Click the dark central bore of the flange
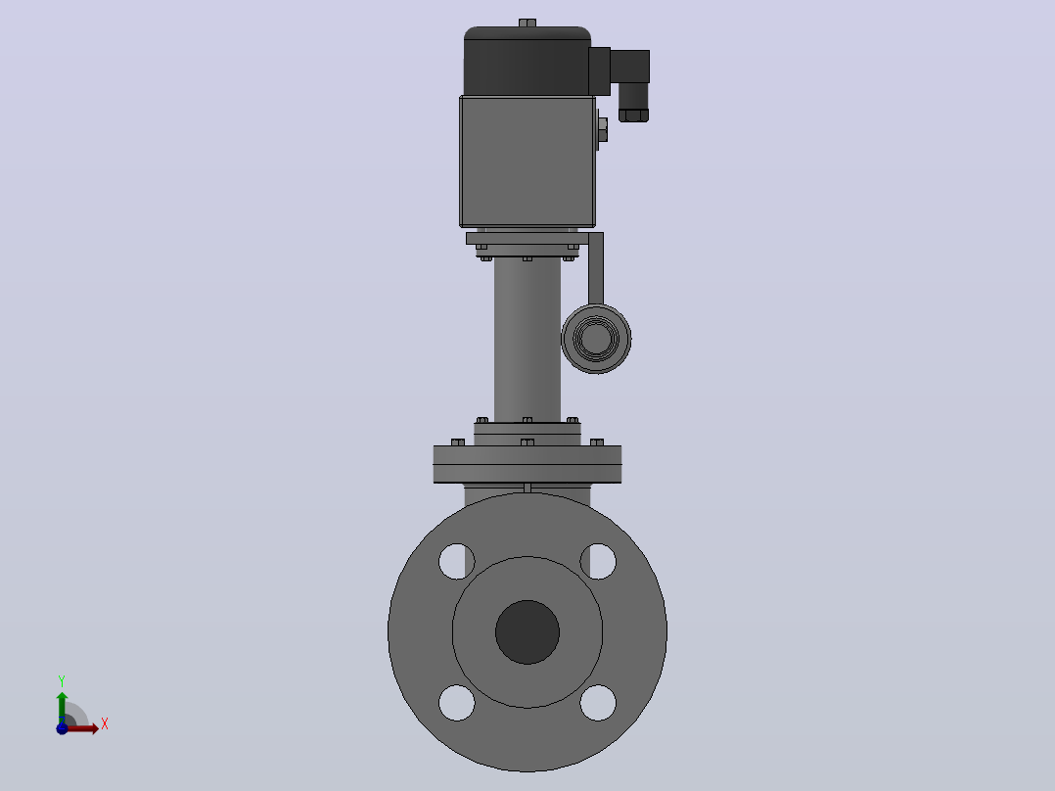pos(527,632)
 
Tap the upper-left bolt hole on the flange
pos(457,562)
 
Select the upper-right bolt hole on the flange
pos(598,562)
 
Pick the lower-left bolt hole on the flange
pos(457,703)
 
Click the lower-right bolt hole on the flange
pos(598,703)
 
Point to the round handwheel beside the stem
pos(596,338)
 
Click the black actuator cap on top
pos(527,62)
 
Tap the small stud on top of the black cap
pos(527,23)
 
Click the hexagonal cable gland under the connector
pos(634,114)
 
